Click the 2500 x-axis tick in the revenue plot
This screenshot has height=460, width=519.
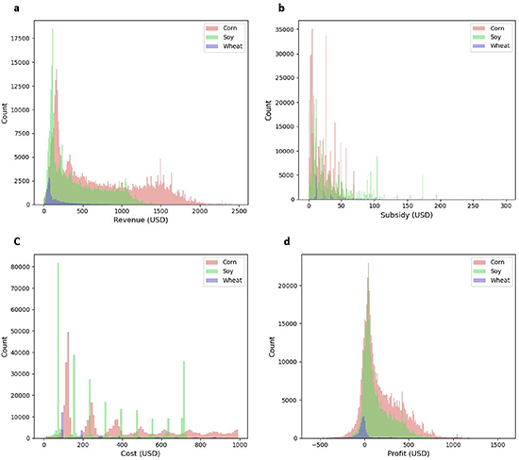coord(238,211)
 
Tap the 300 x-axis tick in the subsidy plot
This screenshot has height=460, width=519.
coord(507,211)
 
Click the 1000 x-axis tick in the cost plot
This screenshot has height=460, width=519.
coord(239,446)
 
